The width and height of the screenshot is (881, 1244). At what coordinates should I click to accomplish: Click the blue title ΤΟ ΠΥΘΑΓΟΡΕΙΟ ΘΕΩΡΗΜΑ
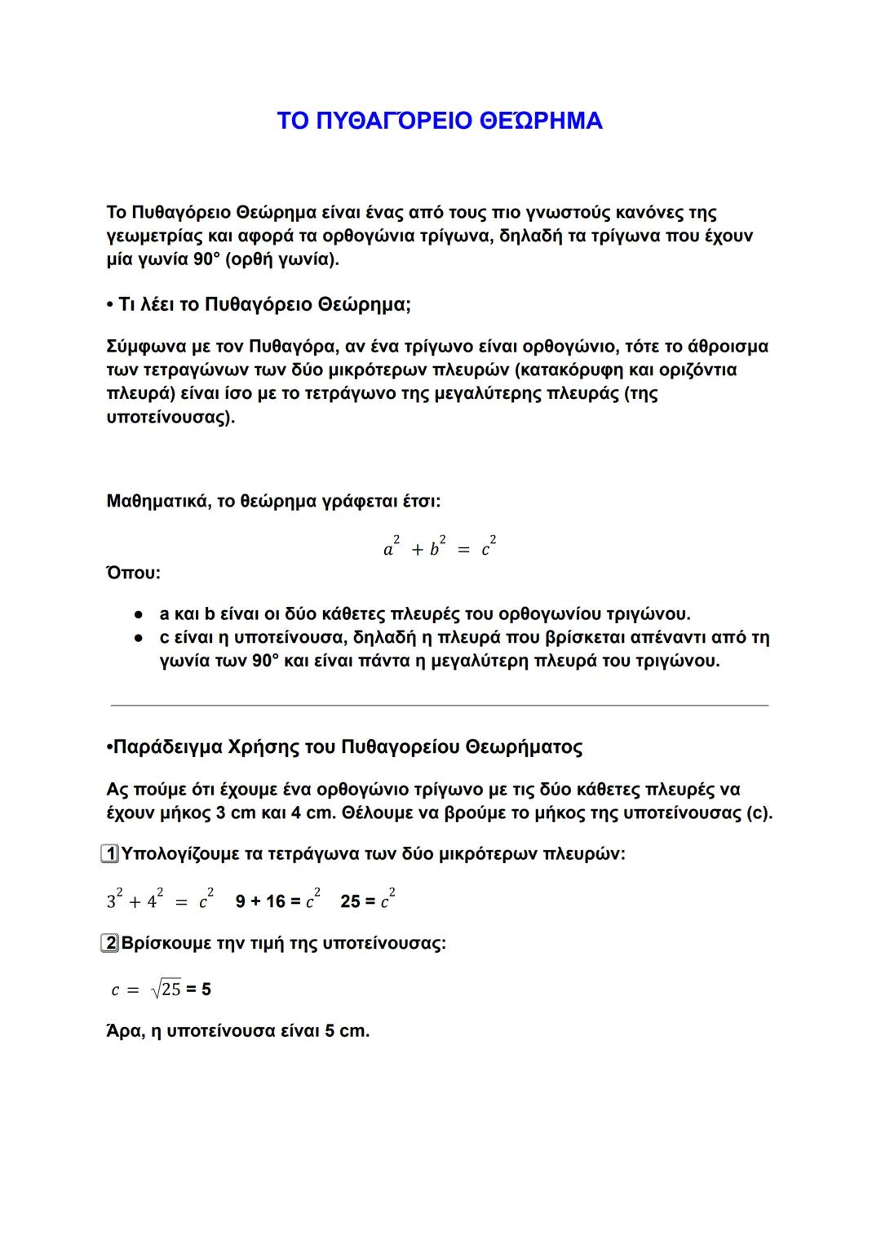coord(440,121)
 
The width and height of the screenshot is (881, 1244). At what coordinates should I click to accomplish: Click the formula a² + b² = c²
coord(440,547)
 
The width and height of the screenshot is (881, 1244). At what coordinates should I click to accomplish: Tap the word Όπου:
coord(133,573)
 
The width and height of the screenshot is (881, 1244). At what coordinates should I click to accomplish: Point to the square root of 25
coord(166,989)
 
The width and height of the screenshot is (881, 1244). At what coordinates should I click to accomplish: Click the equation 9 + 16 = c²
coord(277,901)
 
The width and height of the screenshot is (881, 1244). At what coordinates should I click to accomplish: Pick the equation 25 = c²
coord(368,901)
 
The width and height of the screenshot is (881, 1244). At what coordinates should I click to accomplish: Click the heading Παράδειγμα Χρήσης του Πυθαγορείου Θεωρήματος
coord(347,747)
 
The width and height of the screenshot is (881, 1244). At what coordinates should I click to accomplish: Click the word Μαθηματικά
coord(156,501)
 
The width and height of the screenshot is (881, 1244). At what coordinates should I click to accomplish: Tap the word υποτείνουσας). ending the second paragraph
coord(170,418)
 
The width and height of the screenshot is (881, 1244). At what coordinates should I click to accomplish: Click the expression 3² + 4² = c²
coord(160,901)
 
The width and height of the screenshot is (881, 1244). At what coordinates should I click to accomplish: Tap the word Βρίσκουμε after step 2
coord(166,945)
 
